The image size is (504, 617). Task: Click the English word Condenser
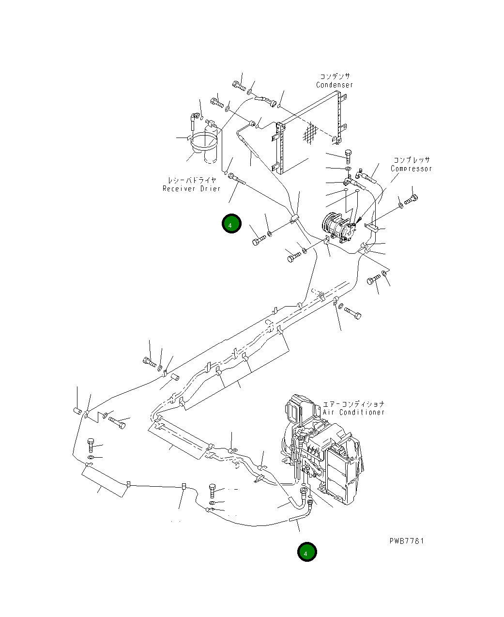click(335, 85)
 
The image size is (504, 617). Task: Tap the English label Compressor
click(411, 169)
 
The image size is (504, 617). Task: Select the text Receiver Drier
click(191, 188)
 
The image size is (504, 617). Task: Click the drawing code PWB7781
click(406, 541)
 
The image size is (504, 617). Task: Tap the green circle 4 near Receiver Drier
click(231, 225)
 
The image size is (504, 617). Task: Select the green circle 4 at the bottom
click(306, 553)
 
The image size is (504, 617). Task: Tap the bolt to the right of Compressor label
click(412, 199)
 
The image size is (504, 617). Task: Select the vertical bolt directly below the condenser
click(348, 156)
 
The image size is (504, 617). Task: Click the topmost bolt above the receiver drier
click(239, 87)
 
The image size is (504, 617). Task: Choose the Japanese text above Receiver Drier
click(191, 180)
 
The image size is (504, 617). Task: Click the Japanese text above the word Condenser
click(335, 76)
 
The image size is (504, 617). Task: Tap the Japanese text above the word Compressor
click(411, 160)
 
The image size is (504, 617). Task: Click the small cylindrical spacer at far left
click(77, 412)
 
